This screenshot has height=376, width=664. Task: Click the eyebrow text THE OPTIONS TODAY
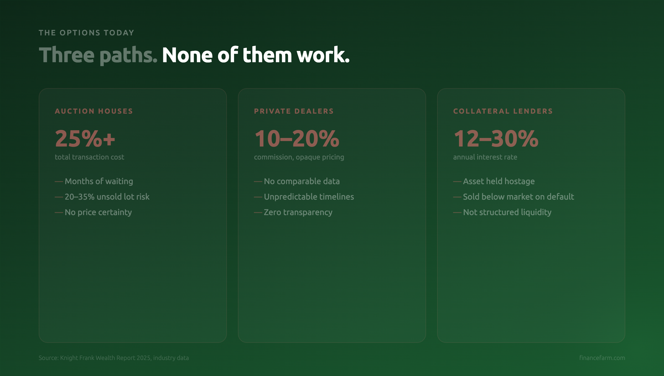[86, 33]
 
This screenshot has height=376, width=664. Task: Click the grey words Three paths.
[98, 55]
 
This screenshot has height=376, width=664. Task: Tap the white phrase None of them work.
[256, 55]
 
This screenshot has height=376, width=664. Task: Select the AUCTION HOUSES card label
[94, 111]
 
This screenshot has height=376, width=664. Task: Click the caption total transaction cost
[89, 157]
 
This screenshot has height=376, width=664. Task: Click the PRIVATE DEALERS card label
[294, 111]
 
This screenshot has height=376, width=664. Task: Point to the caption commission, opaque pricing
[299, 157]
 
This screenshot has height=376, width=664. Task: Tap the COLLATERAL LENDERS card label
[503, 111]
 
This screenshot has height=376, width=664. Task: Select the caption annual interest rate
[485, 157]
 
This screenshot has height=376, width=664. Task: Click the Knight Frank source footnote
[114, 358]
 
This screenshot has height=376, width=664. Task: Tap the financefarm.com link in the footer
[602, 358]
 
